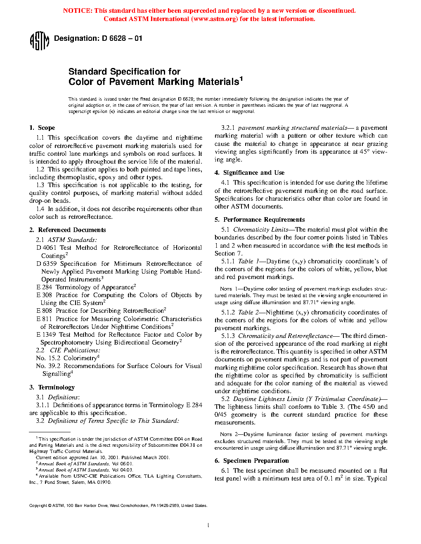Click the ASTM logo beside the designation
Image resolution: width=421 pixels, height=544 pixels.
(x=40, y=41)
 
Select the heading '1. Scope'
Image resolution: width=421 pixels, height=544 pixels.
(x=42, y=128)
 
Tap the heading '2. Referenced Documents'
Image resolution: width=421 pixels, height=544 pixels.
(x=68, y=230)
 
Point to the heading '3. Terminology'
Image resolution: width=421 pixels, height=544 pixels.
(x=52, y=387)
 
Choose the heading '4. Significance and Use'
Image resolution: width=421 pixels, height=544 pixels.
(x=249, y=173)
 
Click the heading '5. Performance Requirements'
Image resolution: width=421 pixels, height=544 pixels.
(x=260, y=220)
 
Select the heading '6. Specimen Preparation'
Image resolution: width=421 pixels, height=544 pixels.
(x=251, y=461)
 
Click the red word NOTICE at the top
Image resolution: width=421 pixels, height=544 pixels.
(x=77, y=11)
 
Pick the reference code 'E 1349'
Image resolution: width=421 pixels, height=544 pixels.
(x=46, y=335)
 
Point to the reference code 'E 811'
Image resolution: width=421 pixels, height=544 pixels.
(x=44, y=319)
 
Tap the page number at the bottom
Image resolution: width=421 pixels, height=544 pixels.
(x=208, y=525)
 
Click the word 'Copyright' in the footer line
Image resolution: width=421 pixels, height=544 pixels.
(x=38, y=506)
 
